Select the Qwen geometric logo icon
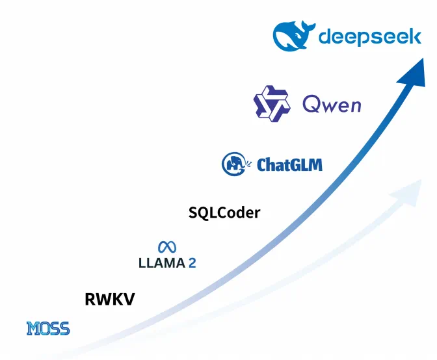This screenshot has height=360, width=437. (x=271, y=103)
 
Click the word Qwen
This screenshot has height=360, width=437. (x=332, y=103)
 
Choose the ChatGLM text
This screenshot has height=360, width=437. (x=289, y=164)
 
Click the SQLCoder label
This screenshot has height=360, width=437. (x=224, y=212)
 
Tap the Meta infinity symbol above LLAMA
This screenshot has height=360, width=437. (x=167, y=247)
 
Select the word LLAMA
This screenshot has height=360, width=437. (x=161, y=263)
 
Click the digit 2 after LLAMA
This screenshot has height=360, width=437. (x=192, y=263)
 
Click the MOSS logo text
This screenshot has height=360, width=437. (x=48, y=329)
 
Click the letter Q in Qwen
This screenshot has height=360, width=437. (x=311, y=103)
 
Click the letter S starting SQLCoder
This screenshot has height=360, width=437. (x=193, y=212)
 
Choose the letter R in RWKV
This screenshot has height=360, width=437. (x=91, y=300)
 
